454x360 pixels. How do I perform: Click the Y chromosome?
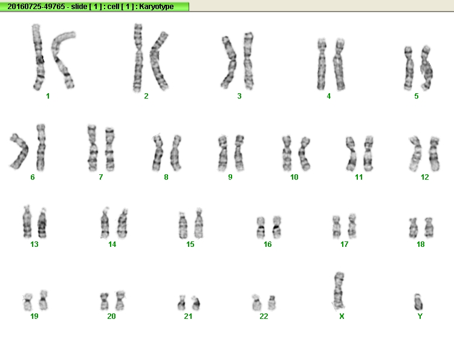click(418, 302)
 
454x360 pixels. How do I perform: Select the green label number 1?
click(48, 96)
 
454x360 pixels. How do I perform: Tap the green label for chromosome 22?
click(264, 316)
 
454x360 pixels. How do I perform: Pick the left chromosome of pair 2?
click(138, 58)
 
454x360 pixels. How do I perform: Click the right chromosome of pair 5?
click(426, 68)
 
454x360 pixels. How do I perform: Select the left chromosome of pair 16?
click(261, 227)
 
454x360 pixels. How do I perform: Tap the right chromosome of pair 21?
click(196, 303)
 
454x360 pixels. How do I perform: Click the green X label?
click(342, 316)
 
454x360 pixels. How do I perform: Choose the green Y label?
click(420, 316)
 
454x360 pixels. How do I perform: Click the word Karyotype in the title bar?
click(157, 7)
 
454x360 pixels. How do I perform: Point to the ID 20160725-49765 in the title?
click(36, 7)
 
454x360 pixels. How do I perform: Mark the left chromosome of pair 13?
click(27, 221)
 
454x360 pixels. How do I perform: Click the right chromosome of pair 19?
click(44, 300)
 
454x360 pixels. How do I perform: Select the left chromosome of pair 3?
click(229, 62)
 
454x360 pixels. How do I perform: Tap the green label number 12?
click(425, 177)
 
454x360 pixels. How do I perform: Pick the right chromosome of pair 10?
click(304, 154)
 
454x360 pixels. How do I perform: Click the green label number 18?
click(420, 244)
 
